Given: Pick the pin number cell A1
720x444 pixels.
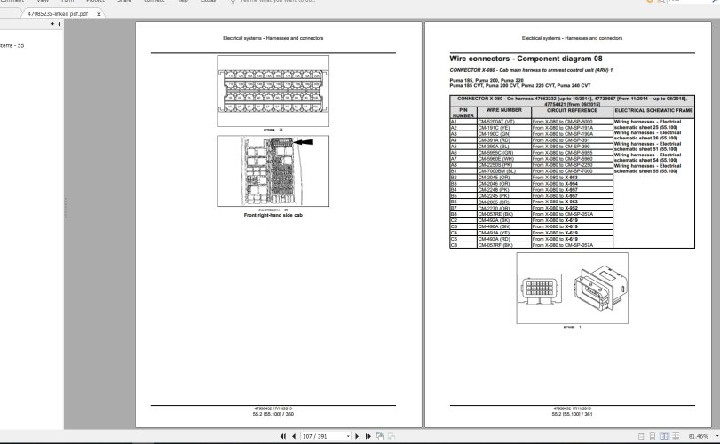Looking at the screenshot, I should [455, 121].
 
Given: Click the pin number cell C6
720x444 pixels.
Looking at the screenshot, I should [455, 245].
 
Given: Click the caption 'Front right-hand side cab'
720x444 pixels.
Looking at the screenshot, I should [273, 215].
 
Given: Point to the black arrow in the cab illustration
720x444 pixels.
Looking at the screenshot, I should [305, 141].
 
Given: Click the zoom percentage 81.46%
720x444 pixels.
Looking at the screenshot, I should [700, 436].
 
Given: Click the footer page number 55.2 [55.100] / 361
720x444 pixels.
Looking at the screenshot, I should [571, 415].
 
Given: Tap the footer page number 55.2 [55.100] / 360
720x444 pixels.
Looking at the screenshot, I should [273, 415].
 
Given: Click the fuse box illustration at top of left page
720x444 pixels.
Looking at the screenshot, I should [273, 88].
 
